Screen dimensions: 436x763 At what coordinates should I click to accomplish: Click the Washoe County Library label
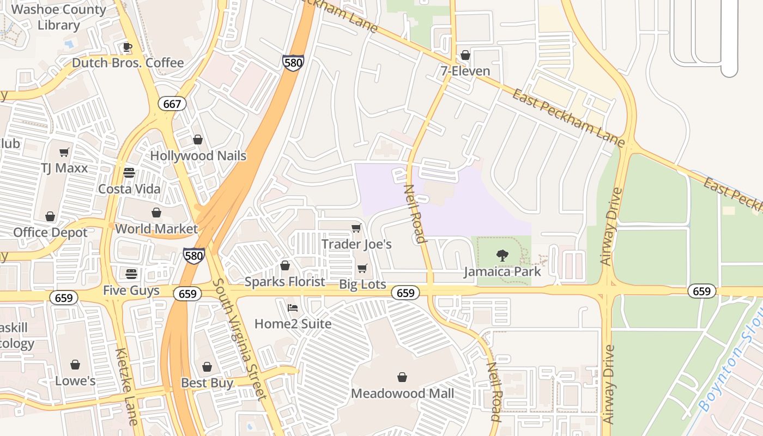(x=59, y=17)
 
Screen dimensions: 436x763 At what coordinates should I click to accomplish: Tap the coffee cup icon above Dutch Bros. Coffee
(x=128, y=47)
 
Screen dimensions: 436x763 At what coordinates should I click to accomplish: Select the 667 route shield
(x=172, y=104)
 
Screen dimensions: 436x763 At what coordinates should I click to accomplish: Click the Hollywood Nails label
(x=198, y=156)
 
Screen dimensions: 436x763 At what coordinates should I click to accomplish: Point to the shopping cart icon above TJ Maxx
(x=64, y=153)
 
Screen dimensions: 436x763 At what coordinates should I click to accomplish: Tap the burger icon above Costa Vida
(x=129, y=173)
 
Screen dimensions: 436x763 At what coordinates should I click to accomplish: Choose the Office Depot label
(x=50, y=233)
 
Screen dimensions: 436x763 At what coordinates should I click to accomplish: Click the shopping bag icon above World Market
(x=156, y=213)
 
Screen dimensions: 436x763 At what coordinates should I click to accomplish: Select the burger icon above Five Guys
(x=131, y=274)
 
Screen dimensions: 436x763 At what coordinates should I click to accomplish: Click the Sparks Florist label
(x=284, y=282)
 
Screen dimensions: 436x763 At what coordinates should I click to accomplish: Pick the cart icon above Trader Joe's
(x=356, y=228)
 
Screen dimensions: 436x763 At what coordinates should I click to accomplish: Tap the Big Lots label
(x=362, y=284)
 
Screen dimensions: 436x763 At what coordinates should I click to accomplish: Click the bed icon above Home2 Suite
(x=293, y=308)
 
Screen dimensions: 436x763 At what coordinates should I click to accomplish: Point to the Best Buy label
(x=207, y=383)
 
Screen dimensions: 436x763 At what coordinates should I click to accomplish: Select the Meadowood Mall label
(x=402, y=393)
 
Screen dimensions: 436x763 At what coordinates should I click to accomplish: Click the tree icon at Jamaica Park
(x=502, y=255)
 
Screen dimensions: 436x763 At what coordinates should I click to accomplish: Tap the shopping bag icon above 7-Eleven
(x=465, y=55)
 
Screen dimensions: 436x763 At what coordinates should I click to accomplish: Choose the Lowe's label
(x=75, y=380)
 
